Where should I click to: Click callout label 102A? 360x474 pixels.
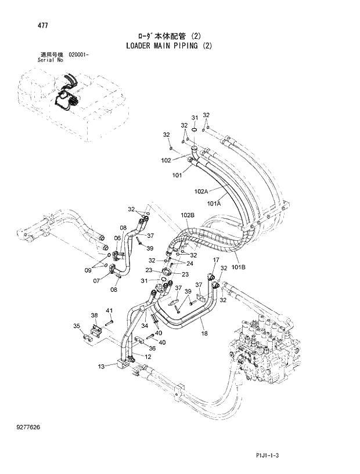click(x=201, y=191)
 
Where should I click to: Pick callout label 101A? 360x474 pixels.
click(x=214, y=204)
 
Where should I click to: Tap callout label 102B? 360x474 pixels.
click(x=187, y=215)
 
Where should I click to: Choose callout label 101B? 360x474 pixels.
click(x=239, y=267)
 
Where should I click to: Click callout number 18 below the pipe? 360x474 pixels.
click(x=204, y=334)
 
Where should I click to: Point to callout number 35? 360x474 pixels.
click(x=76, y=327)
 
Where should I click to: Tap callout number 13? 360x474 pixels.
click(x=101, y=366)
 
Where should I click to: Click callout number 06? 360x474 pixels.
click(x=117, y=237)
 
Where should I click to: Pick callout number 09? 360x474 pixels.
click(x=88, y=269)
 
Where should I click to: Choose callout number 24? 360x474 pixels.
click(x=189, y=263)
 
